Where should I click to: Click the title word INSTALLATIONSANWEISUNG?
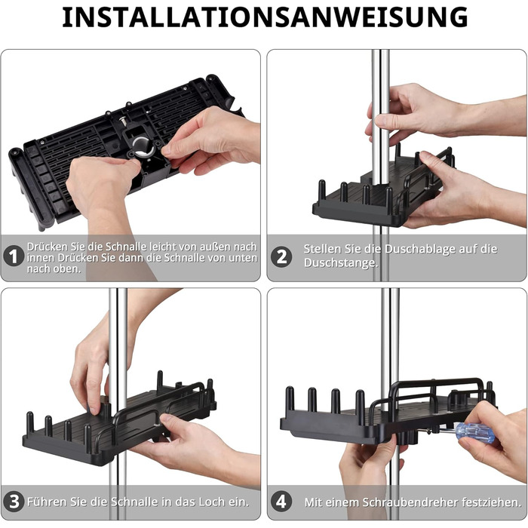coord(265,17)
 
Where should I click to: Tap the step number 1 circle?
coord(14,256)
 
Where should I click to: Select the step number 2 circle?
coord(281,257)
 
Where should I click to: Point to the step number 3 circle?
coord(14,502)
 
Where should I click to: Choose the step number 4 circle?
coord(281,502)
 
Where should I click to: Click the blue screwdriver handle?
coord(475,433)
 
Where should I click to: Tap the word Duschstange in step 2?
coord(340,262)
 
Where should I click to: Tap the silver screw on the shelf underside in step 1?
coord(123,120)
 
